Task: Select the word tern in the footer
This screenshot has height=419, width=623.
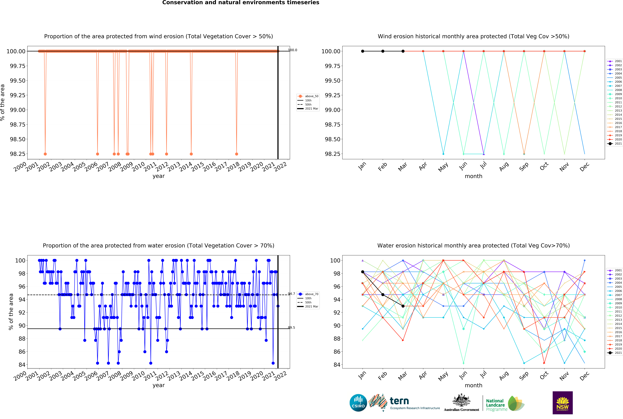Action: click(x=399, y=401)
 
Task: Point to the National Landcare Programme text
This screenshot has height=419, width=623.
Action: click(x=496, y=405)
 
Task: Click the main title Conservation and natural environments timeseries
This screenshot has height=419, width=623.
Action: click(x=241, y=3)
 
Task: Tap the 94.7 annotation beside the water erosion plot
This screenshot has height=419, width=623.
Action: click(x=291, y=294)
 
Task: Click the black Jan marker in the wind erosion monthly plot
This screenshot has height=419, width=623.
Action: click(x=363, y=51)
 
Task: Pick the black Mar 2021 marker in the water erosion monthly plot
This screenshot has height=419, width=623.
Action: click(x=403, y=306)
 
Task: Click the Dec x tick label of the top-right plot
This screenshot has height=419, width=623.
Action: click(x=584, y=167)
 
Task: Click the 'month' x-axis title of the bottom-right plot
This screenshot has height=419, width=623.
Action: click(x=473, y=385)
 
